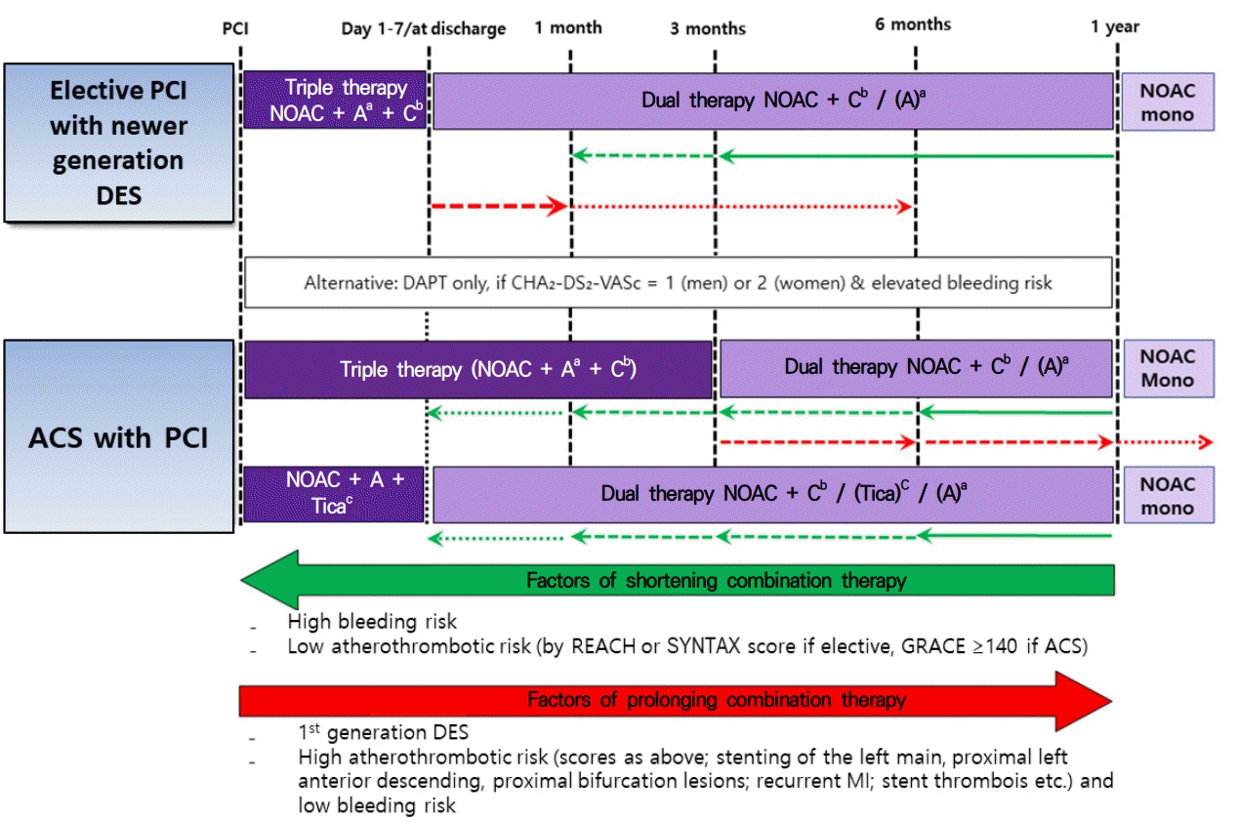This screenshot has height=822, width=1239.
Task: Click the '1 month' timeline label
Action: tap(568, 27)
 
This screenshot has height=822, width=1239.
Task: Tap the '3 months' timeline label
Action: tap(708, 28)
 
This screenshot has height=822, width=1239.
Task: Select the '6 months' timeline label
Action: tap(913, 24)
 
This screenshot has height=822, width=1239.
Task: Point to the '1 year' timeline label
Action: tap(1115, 27)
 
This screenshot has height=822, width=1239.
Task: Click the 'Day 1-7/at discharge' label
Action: tap(424, 28)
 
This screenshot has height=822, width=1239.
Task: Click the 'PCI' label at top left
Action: tap(236, 27)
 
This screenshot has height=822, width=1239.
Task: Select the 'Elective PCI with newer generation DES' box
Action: tap(118, 143)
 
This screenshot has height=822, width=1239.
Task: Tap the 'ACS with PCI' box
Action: tap(118, 436)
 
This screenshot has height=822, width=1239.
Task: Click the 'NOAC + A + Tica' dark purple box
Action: tap(333, 493)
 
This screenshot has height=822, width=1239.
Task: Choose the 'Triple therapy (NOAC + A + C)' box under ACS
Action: tap(477, 370)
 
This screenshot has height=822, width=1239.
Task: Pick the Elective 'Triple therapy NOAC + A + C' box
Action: tap(333, 101)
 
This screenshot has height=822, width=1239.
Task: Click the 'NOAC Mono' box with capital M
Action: tap(1167, 368)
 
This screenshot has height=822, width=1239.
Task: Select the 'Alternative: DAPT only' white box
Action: tap(678, 282)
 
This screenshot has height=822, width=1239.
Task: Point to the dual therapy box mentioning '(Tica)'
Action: tap(772, 493)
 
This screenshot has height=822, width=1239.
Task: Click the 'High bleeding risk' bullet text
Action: tap(372, 621)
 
